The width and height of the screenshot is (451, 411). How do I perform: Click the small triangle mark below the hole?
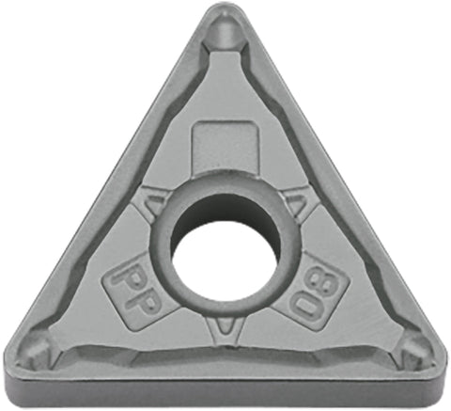225,324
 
